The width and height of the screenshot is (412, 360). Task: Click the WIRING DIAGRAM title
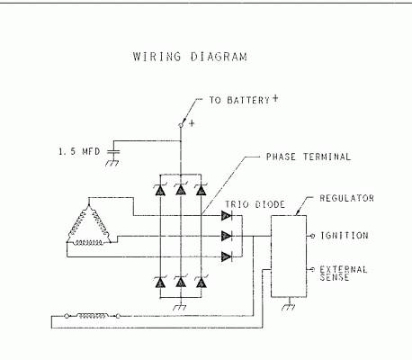(x=190, y=57)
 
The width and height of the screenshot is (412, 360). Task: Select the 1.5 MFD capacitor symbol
(x=113, y=151)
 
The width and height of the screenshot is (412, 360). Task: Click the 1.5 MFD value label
(x=79, y=151)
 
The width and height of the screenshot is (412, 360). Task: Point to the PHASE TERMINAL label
(x=309, y=157)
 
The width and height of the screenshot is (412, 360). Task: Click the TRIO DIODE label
(x=255, y=204)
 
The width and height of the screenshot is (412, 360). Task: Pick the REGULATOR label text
(x=347, y=198)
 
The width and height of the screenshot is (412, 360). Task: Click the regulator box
(x=289, y=256)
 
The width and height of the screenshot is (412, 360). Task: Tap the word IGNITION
(x=345, y=236)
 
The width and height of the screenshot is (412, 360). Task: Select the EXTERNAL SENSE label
(x=344, y=274)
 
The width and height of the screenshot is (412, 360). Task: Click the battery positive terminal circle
(x=181, y=125)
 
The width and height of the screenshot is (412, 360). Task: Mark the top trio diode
(x=227, y=215)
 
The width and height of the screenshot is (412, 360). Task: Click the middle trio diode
(x=227, y=236)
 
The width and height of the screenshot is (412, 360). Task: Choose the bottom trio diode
(x=227, y=256)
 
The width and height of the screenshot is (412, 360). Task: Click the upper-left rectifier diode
(x=160, y=190)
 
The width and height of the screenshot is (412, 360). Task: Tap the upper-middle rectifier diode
(x=181, y=189)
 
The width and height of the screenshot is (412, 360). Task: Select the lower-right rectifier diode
(x=201, y=282)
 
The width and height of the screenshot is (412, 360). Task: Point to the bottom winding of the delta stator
(x=89, y=242)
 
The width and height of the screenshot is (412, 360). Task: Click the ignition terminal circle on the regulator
(x=312, y=236)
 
